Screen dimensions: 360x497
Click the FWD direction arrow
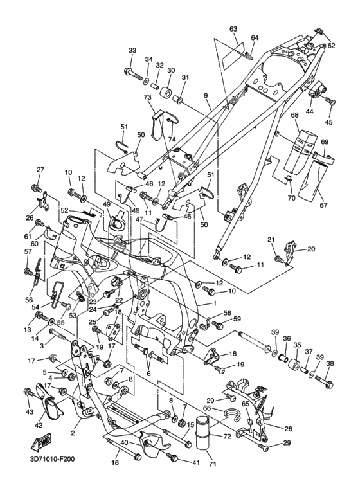(41, 442)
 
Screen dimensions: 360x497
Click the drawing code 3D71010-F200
(53, 458)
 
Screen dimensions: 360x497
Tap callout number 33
(132, 50)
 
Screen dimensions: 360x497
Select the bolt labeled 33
(134, 73)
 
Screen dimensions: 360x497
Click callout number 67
(323, 205)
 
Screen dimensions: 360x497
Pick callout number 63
(233, 29)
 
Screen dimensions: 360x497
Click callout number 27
(40, 170)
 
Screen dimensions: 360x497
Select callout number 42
(39, 425)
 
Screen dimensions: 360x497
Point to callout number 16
(115, 463)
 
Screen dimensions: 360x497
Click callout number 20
(311, 249)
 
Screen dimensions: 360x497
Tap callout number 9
(206, 95)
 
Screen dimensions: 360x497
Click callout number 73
(148, 97)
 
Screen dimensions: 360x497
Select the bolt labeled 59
(218, 325)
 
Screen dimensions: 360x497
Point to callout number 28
(288, 429)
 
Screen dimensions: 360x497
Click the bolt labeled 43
(29, 392)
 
